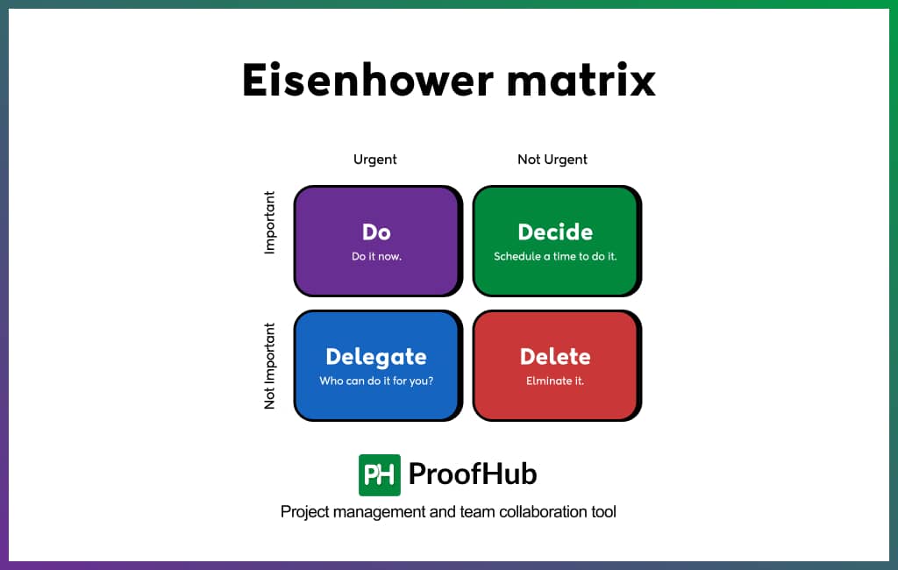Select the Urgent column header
pyautogui.click(x=375, y=160)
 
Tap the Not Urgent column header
pyautogui.click(x=552, y=160)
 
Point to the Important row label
pyautogui.click(x=270, y=223)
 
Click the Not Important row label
pyautogui.click(x=270, y=366)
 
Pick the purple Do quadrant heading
pyautogui.click(x=376, y=232)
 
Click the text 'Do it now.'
pyautogui.click(x=376, y=257)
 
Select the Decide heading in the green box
pyautogui.click(x=555, y=232)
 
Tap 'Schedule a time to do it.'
pyautogui.click(x=555, y=257)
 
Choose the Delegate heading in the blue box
pyautogui.click(x=376, y=357)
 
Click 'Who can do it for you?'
pyautogui.click(x=376, y=381)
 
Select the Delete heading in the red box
pyautogui.click(x=555, y=357)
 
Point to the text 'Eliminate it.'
pyautogui.click(x=555, y=381)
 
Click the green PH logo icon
pyautogui.click(x=380, y=474)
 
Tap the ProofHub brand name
pyautogui.click(x=473, y=474)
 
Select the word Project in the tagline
pyautogui.click(x=303, y=511)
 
